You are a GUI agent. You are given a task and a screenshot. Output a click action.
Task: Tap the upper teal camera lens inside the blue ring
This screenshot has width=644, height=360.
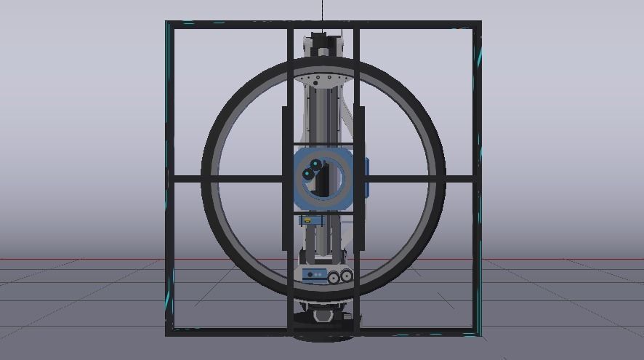click(x=315, y=165)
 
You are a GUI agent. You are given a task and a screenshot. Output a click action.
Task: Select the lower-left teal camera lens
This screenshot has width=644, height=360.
click(x=307, y=175)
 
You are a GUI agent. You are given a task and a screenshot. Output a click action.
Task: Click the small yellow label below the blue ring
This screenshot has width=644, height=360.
click(x=307, y=217)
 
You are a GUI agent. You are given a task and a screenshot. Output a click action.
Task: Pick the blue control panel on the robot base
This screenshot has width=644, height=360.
click(x=314, y=274)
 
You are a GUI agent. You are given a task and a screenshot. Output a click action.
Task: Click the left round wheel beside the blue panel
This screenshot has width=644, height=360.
click(x=334, y=277)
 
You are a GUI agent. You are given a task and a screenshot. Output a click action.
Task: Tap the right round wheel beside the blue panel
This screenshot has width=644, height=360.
click(x=347, y=275)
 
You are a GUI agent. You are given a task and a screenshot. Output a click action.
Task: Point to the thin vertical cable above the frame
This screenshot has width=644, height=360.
click(x=323, y=10)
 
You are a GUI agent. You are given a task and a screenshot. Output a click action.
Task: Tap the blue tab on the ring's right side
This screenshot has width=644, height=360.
click(x=366, y=177)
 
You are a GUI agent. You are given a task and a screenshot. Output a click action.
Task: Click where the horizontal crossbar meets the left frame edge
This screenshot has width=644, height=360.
click(x=169, y=178)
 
